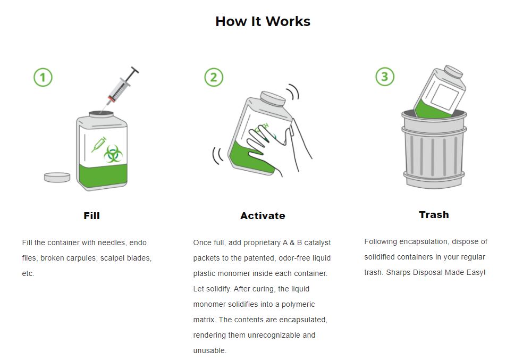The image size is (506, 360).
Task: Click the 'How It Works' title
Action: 263,22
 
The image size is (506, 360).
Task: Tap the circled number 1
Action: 43,77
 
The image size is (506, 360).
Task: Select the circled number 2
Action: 214,77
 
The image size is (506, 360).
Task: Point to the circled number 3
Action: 385,77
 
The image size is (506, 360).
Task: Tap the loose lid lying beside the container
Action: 57,177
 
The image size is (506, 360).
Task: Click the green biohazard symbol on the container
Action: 113,154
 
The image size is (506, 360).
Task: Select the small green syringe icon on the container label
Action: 99,144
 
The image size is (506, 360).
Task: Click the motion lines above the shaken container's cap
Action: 293,91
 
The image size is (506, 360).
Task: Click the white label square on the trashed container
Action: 444,96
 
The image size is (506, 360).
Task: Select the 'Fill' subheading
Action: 91,216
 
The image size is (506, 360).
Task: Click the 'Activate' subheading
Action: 263,216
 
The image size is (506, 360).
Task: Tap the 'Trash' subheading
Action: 434,215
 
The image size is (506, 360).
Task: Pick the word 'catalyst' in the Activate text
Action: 317,243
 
